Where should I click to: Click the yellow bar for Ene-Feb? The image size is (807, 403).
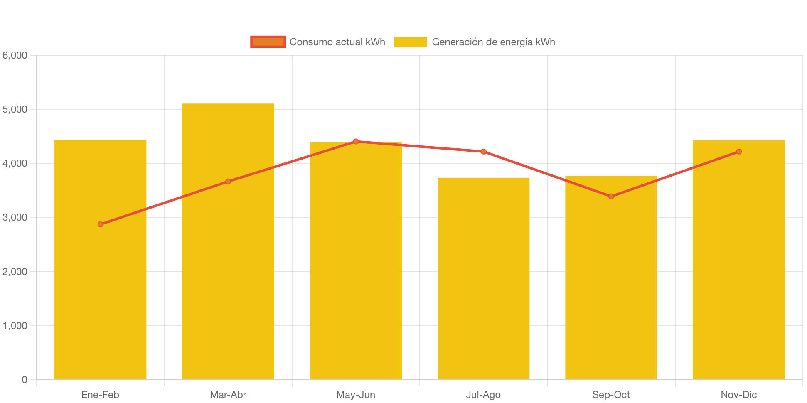pos(100,291)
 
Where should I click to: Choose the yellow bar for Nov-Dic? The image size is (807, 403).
pos(738,270)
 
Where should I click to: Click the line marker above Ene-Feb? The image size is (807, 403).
pos(100,224)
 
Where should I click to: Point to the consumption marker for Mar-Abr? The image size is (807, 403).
pos(228,182)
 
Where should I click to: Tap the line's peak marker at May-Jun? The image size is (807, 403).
pos(356,141)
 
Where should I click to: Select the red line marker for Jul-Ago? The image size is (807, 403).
pos(483,152)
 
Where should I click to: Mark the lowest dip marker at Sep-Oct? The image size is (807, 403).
pos(611,197)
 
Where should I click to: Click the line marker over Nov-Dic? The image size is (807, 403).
pos(738,152)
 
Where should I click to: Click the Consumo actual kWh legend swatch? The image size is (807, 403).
pos(268,42)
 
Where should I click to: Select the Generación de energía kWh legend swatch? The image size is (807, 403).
pos(410,42)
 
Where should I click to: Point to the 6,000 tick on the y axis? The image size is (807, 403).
pos(15,55)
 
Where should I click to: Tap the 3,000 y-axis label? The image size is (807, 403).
pos(15,217)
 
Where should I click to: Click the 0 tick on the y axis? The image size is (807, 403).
pos(25,380)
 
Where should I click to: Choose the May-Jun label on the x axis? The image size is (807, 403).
pos(356,395)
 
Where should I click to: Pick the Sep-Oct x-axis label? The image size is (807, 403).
pos(611,395)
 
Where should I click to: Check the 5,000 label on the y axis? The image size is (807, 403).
pos(15,109)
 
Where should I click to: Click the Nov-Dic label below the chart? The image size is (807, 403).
pos(738,395)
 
